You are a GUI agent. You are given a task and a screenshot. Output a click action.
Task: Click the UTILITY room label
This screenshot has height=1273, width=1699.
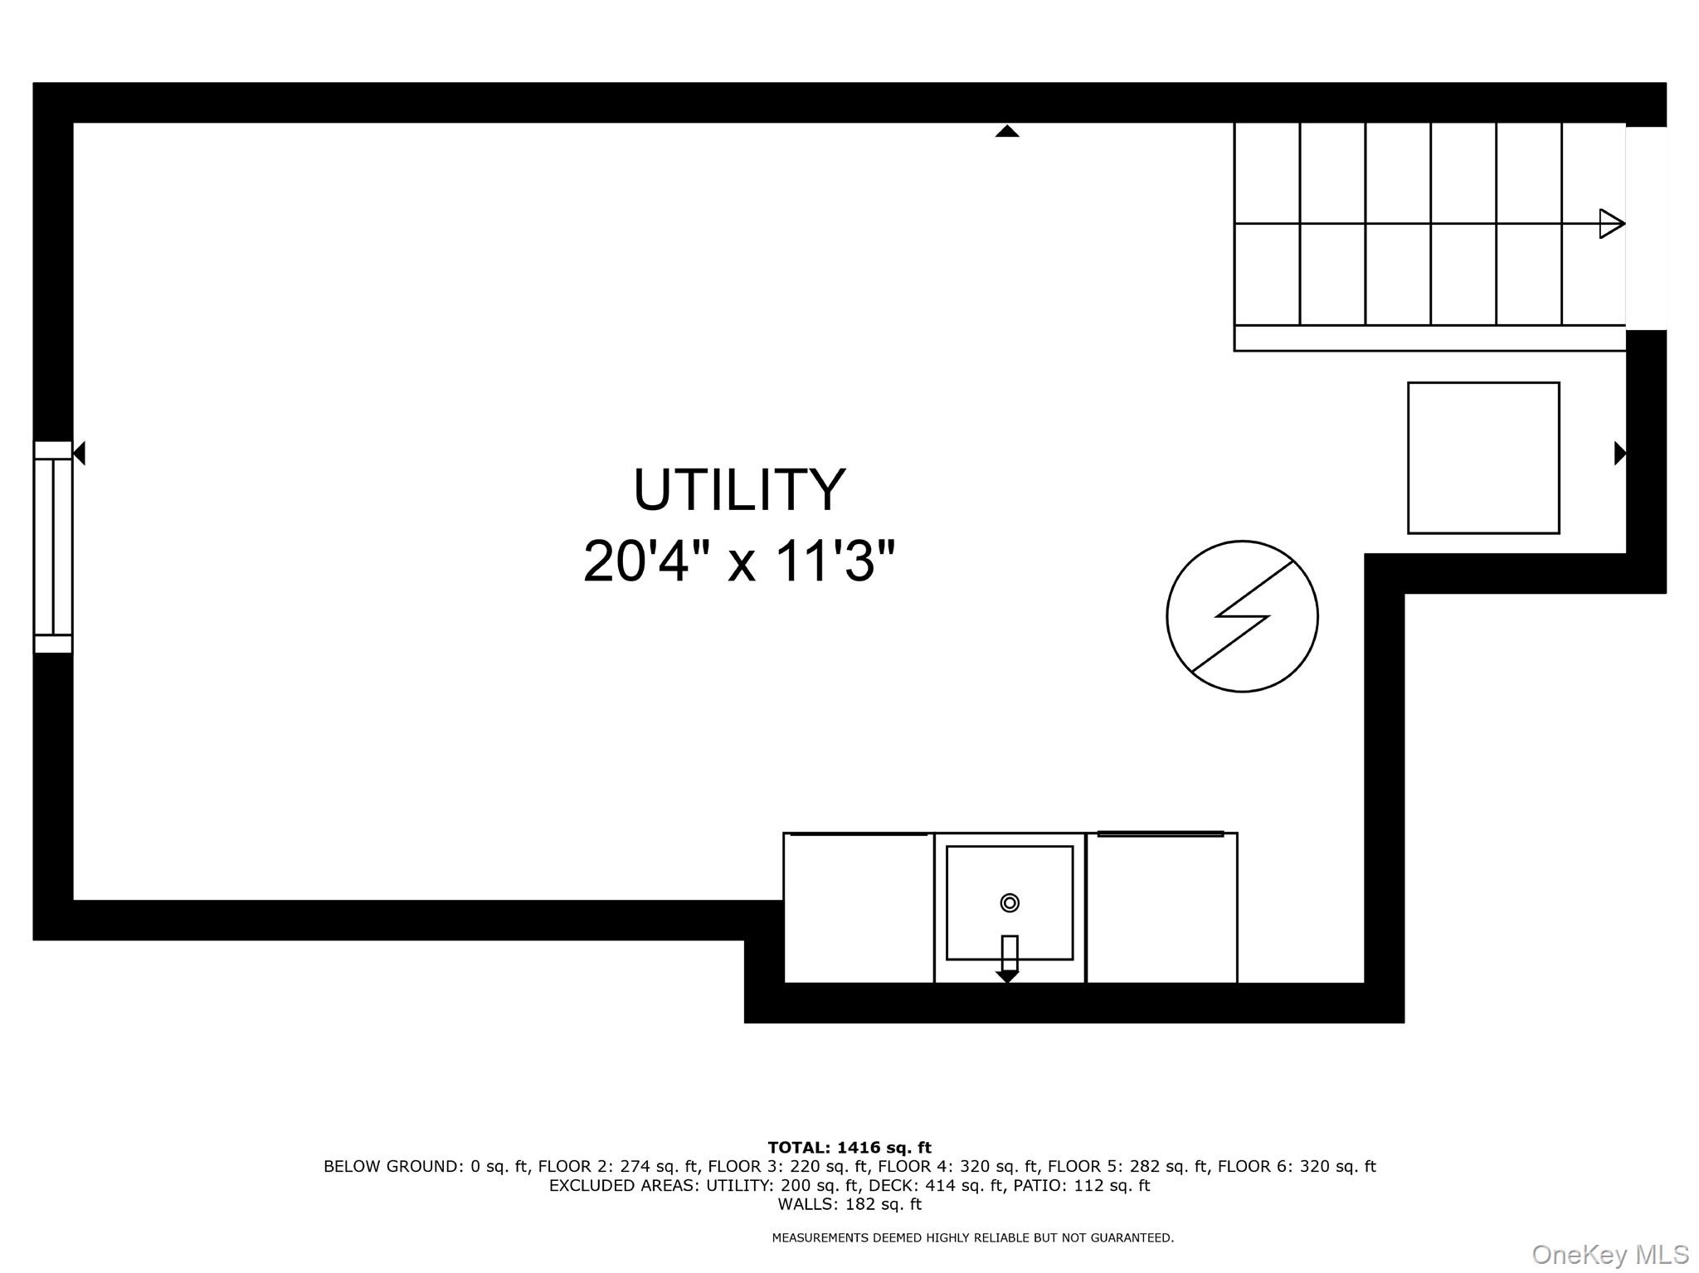pos(739,490)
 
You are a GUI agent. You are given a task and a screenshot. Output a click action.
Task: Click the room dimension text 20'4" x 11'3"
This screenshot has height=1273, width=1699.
pos(739,561)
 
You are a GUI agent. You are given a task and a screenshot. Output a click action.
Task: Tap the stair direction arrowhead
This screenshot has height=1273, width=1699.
pos(1611,224)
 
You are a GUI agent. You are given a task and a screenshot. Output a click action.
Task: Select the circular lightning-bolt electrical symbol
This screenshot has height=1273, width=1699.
pos(1242,616)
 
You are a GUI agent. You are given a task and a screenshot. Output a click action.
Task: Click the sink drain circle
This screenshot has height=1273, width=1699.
pos(1010,903)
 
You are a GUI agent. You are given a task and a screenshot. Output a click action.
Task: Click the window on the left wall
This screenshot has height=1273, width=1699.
pos(53,547)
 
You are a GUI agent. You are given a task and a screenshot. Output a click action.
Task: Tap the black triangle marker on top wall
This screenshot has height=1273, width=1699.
pos(1007,131)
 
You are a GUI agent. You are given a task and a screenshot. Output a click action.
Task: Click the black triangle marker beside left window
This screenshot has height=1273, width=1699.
pos(80,453)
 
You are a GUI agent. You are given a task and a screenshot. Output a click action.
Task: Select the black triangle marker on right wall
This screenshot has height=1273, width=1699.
pos(1619,453)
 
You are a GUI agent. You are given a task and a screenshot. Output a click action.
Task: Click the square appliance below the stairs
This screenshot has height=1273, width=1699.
pos(1483,458)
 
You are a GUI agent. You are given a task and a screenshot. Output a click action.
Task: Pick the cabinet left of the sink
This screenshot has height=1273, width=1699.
pos(859,908)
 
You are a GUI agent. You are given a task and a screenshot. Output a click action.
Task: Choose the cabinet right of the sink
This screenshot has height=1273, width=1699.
pos(1161,908)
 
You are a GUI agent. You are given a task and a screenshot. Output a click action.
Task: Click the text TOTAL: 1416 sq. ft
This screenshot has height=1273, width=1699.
pos(849,1148)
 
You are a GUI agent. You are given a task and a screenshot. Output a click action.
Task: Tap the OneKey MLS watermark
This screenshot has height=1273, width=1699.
pos(1610,1255)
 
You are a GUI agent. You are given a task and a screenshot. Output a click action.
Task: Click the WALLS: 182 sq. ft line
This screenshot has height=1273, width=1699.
pos(849,1204)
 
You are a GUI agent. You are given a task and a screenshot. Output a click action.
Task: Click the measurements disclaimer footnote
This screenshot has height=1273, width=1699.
pos(972,1238)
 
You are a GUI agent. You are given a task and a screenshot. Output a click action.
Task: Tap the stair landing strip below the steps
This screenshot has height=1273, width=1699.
pos(1429,338)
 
